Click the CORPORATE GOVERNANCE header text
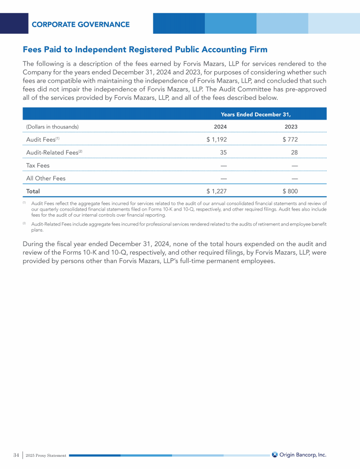[81, 24]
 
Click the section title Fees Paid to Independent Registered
[145, 49]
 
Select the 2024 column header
[220, 127]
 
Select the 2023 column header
[291, 127]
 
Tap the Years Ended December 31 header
[256, 114]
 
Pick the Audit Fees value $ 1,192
[217, 139]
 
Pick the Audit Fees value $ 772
[290, 139]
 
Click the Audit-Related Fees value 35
[223, 152]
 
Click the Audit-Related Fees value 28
[294, 152]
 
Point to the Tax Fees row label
[38, 165]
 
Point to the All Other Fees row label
[46, 178]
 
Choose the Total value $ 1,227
[217, 191]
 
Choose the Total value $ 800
[290, 191]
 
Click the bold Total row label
[33, 191]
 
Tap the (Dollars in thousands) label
[52, 127]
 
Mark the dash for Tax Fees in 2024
[224, 165]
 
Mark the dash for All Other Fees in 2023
[295, 178]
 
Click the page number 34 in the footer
[16, 455]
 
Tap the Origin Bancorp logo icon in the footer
[275, 454]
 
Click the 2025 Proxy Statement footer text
[46, 455]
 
